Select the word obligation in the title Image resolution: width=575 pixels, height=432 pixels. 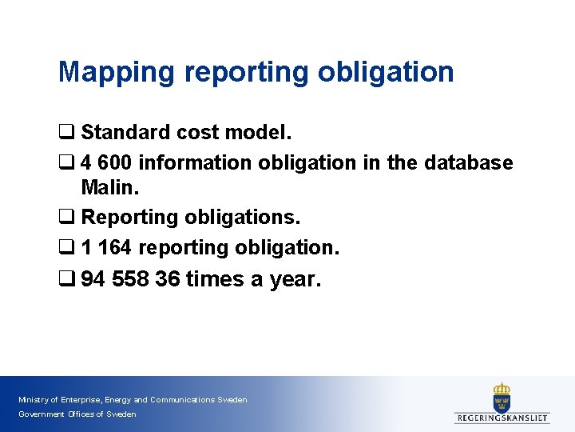tap(386, 72)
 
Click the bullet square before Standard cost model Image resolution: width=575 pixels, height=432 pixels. tap(65, 132)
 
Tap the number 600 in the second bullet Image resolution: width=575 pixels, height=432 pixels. tap(115, 163)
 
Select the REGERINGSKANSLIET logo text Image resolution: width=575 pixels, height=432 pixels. tap(502, 418)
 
